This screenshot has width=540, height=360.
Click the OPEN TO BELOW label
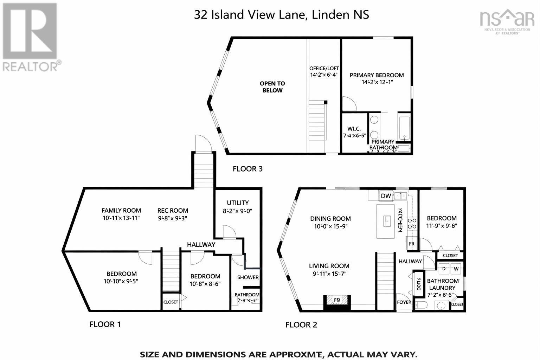pos(272,87)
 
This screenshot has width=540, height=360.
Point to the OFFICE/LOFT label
pos(324,68)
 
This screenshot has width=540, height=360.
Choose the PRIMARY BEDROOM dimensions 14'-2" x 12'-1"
pos(377,82)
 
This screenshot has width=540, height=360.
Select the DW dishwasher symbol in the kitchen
pos(386,196)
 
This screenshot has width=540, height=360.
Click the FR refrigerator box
pos(412,244)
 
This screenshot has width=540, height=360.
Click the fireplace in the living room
pos(337,300)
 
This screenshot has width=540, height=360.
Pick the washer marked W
pos(456,269)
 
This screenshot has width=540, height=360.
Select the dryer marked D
pos(444,269)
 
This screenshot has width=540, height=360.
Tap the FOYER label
pos(404,302)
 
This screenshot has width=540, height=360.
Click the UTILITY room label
pos(238,203)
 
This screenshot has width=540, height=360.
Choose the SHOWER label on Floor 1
pos(248,277)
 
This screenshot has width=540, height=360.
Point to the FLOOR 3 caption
pos(247,169)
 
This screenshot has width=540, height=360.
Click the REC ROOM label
pos(173,211)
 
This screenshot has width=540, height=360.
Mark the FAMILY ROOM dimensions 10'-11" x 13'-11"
pos(121,218)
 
